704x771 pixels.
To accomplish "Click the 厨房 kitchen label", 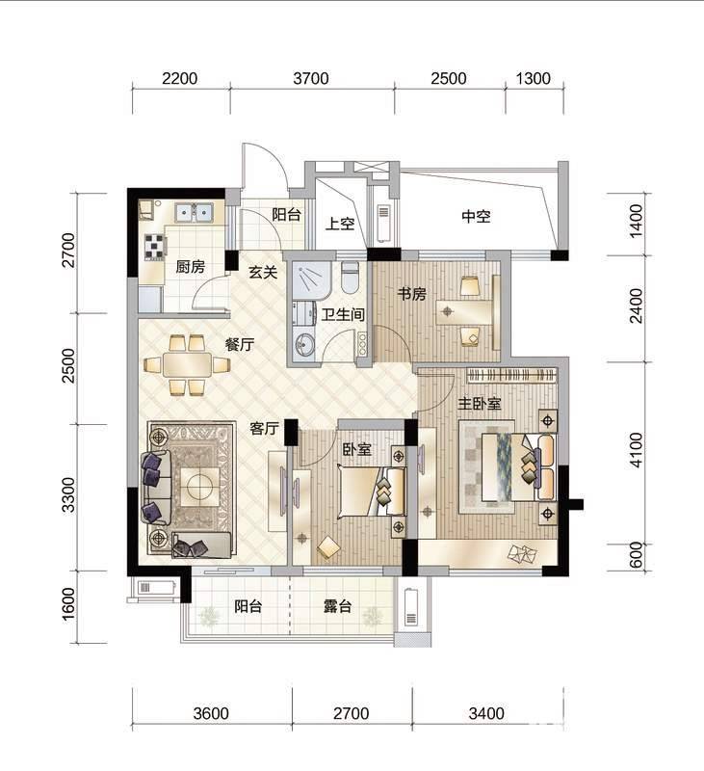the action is point(190,267).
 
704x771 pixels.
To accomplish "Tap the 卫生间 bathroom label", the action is point(343,314).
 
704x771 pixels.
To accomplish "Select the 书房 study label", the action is point(411,294).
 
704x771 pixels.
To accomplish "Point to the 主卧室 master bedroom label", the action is point(479,404).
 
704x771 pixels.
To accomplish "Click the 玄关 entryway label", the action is point(263,272).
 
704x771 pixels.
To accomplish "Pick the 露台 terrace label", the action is point(337,606).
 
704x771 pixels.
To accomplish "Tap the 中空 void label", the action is point(476,216).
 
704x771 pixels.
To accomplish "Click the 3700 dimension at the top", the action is point(311,78).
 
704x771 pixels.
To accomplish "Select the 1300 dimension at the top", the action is point(533,78).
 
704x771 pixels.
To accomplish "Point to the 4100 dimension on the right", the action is point(636,450).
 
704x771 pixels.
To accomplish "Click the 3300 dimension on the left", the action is point(68,494).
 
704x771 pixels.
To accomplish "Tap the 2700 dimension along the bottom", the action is point(352,713).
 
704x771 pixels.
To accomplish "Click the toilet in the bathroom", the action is point(351,276).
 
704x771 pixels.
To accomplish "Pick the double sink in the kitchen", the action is point(194,212).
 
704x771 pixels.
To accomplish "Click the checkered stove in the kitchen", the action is point(155,247).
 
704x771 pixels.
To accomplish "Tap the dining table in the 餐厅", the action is point(187,364).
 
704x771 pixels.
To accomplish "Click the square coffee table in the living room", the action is point(200,487).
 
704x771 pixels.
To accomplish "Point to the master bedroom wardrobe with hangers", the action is point(511,375).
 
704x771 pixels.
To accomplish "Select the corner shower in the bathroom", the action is point(309,280).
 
